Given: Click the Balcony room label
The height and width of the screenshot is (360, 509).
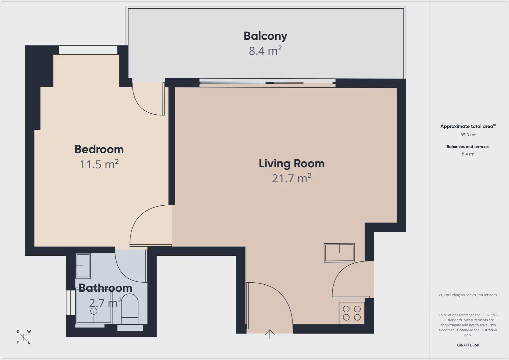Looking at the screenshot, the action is pyautogui.click(x=265, y=36).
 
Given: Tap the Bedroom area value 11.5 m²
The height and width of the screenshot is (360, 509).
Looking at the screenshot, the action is pyautogui.click(x=99, y=164).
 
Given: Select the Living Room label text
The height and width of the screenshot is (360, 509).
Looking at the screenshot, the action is pyautogui.click(x=292, y=164).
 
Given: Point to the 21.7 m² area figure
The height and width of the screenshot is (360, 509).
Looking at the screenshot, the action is pyautogui.click(x=292, y=178).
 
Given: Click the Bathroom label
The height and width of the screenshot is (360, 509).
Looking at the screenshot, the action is pyautogui.click(x=105, y=288).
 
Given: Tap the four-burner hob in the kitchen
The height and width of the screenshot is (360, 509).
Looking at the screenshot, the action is pyautogui.click(x=352, y=313).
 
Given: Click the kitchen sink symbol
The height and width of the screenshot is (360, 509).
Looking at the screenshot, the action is pyautogui.click(x=339, y=253).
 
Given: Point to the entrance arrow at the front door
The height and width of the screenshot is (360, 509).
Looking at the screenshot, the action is pyautogui.click(x=270, y=334).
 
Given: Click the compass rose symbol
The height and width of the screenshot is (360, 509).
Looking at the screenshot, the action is pyautogui.click(x=23, y=337).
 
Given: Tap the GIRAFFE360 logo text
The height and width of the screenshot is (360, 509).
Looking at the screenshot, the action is pyautogui.click(x=468, y=345).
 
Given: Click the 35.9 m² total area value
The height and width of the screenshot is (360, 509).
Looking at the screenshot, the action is pyautogui.click(x=468, y=135).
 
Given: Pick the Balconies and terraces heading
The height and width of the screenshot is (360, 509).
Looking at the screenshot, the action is pyautogui.click(x=468, y=146).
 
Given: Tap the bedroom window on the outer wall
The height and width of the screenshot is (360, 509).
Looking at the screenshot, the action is pyautogui.click(x=88, y=50).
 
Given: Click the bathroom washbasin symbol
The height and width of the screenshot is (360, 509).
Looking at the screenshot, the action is pyautogui.click(x=83, y=266).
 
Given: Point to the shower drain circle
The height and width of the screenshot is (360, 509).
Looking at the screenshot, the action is pyautogui.click(x=94, y=311).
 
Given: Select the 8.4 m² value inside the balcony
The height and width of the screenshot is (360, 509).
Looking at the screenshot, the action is pyautogui.click(x=265, y=51).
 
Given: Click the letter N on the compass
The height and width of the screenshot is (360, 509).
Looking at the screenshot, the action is pyautogui.click(x=29, y=343).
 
